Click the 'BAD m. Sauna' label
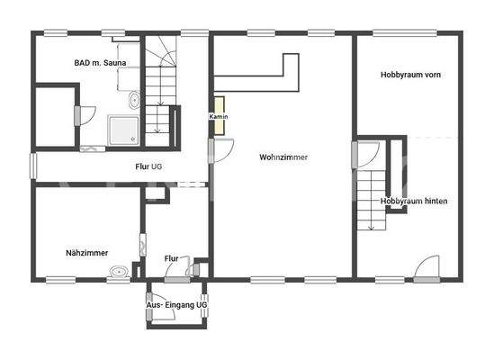100,63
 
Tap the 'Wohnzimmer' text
283,157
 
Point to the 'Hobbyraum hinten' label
415,201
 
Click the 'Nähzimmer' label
88,252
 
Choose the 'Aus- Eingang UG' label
177,306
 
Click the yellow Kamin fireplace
218,116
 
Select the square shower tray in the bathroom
123,130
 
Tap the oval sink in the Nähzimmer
117,271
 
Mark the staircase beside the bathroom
162,90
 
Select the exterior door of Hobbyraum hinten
427,267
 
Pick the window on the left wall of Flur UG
33,165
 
